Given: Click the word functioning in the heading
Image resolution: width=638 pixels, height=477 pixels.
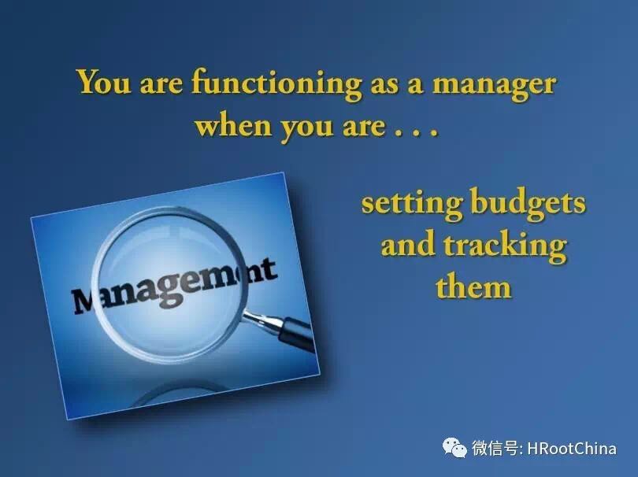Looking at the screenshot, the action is (x=276, y=83).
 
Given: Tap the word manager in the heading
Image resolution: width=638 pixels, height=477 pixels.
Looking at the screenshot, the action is (x=494, y=86).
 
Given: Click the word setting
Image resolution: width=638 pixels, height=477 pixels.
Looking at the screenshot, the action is (x=412, y=205).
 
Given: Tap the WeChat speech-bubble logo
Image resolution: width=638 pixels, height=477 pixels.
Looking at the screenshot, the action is (x=454, y=447).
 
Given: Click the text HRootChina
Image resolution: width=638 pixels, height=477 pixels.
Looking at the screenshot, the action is (x=572, y=448).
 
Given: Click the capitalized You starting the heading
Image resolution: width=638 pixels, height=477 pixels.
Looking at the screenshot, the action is (x=104, y=82).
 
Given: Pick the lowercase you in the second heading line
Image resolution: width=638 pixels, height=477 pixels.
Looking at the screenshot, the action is (x=306, y=128).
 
